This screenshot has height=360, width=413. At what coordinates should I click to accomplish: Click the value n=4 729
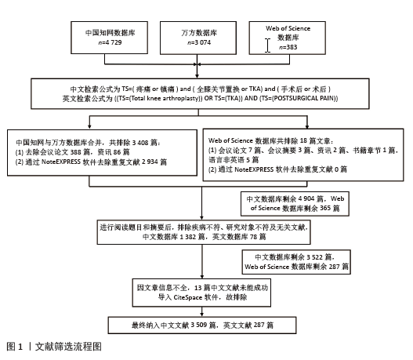pyautogui.click(x=110, y=42)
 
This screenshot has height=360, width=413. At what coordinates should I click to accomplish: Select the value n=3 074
pyautogui.click(x=199, y=42)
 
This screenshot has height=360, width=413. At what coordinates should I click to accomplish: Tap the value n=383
pyautogui.click(x=288, y=47)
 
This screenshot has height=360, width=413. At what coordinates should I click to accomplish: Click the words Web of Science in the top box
pyautogui.click(x=288, y=28)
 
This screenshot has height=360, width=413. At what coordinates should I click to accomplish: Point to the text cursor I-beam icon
pyautogui.click(x=267, y=45)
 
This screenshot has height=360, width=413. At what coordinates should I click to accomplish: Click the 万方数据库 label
pyautogui.click(x=199, y=33)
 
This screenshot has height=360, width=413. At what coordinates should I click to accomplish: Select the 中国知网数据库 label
pyautogui.click(x=110, y=33)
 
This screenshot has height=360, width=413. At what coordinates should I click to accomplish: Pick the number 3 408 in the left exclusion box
pyautogui.click(x=140, y=143)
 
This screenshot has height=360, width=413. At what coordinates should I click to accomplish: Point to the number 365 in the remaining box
pyautogui.click(x=325, y=208)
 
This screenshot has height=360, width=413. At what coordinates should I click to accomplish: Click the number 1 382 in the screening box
pyautogui.click(x=188, y=237)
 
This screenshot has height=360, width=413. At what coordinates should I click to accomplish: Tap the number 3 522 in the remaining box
pyautogui.click(x=314, y=257)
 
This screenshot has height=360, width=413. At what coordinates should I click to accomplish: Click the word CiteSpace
pyautogui.click(x=187, y=297)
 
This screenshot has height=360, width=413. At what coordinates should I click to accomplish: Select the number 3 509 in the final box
pyautogui.click(x=199, y=325)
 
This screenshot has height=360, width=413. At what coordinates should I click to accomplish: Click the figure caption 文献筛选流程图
pyautogui.click(x=68, y=347)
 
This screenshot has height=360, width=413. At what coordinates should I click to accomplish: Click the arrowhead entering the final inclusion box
pyautogui.click(x=201, y=315)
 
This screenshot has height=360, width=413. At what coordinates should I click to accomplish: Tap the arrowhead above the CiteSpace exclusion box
pyautogui.click(x=202, y=276)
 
